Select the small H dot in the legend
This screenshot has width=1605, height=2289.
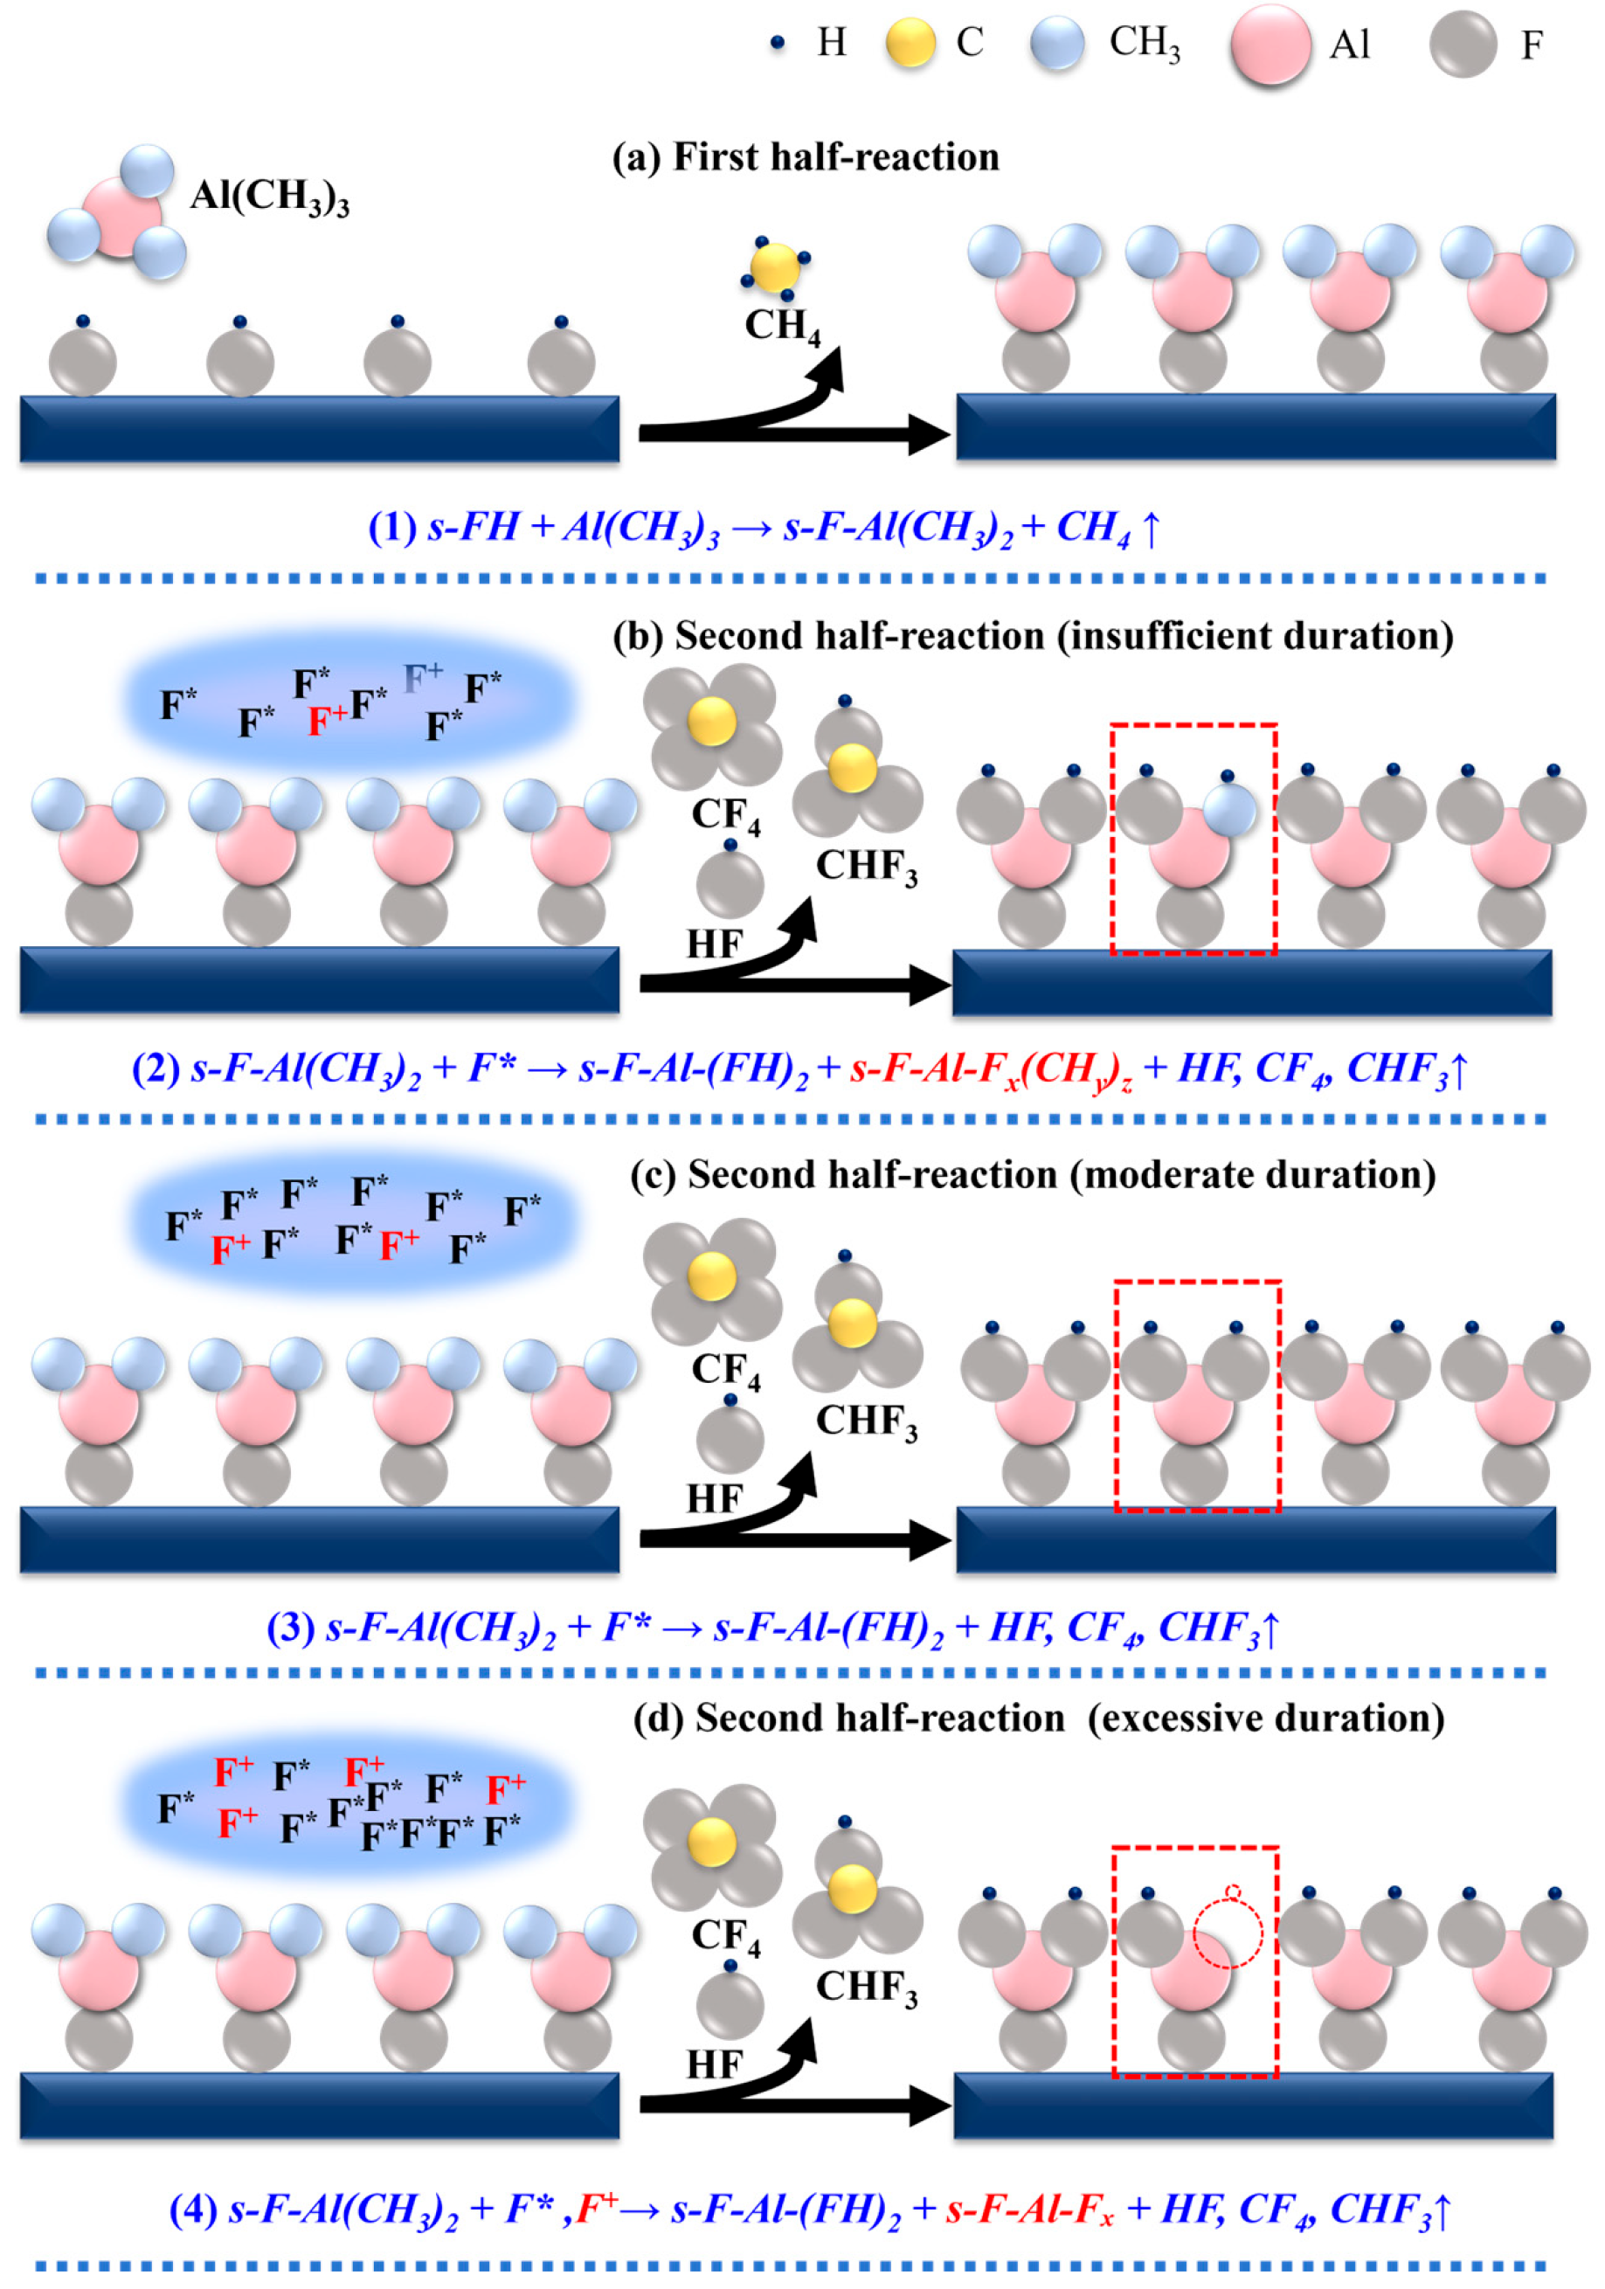[778, 42]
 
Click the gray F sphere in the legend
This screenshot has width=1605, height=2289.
[1463, 45]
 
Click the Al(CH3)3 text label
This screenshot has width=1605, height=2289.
[269, 197]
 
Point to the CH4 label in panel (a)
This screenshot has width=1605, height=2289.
[783, 326]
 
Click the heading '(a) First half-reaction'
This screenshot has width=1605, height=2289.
[806, 157]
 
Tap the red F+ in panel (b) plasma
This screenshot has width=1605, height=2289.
[326, 719]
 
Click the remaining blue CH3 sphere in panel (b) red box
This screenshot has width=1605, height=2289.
[1230, 810]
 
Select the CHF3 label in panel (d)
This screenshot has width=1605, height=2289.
[865, 1987]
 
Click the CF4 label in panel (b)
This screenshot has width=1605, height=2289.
[726, 815]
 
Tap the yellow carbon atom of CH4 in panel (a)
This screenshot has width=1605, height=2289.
[775, 266]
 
